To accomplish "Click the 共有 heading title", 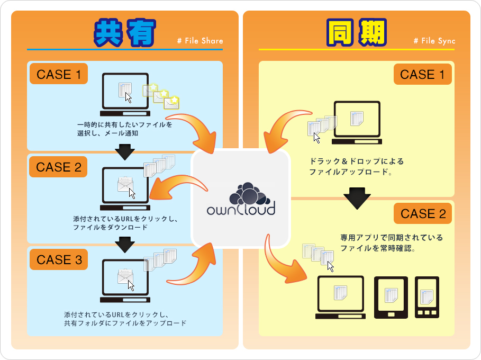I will pyautogui.click(x=125, y=33).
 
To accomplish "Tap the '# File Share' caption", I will pyautogui.click(x=201, y=41).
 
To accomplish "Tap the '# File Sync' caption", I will pyautogui.click(x=434, y=41).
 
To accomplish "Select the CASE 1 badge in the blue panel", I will pyautogui.click(x=58, y=75).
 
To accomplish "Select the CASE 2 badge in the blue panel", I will pyautogui.click(x=58, y=167).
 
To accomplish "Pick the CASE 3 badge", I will pyautogui.click(x=58, y=260).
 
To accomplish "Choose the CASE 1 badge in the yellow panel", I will pyautogui.click(x=422, y=75).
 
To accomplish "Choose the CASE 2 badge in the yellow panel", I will pyautogui.click(x=423, y=214).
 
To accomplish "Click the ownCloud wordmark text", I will pyautogui.click(x=241, y=209).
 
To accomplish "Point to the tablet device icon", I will pyautogui.click(x=391, y=298).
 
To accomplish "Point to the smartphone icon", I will pyautogui.click(x=427, y=298).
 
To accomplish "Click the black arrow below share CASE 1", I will pyautogui.click(x=125, y=152).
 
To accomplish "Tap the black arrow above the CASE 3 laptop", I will pyautogui.click(x=125, y=245).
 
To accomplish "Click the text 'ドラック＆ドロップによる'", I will pyautogui.click(x=356, y=161).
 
